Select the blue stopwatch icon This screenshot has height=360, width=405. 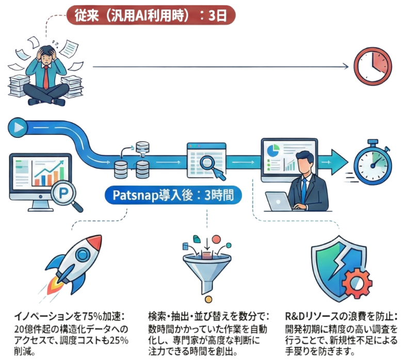coord(372,161)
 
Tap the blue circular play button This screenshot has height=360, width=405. coord(20,127)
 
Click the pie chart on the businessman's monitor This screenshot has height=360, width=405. coord(274,149)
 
